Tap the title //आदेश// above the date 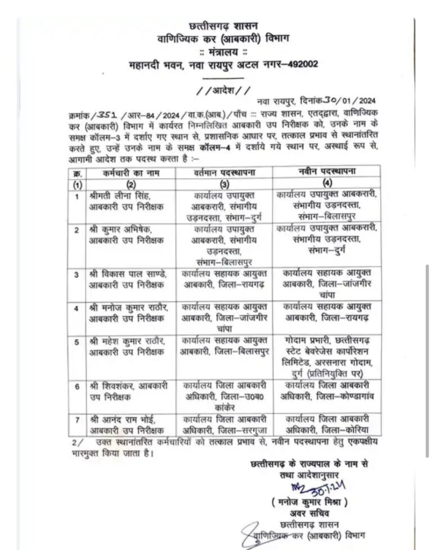click(223, 90)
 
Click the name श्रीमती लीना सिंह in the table click(121, 195)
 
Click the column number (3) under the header click(224, 184)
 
